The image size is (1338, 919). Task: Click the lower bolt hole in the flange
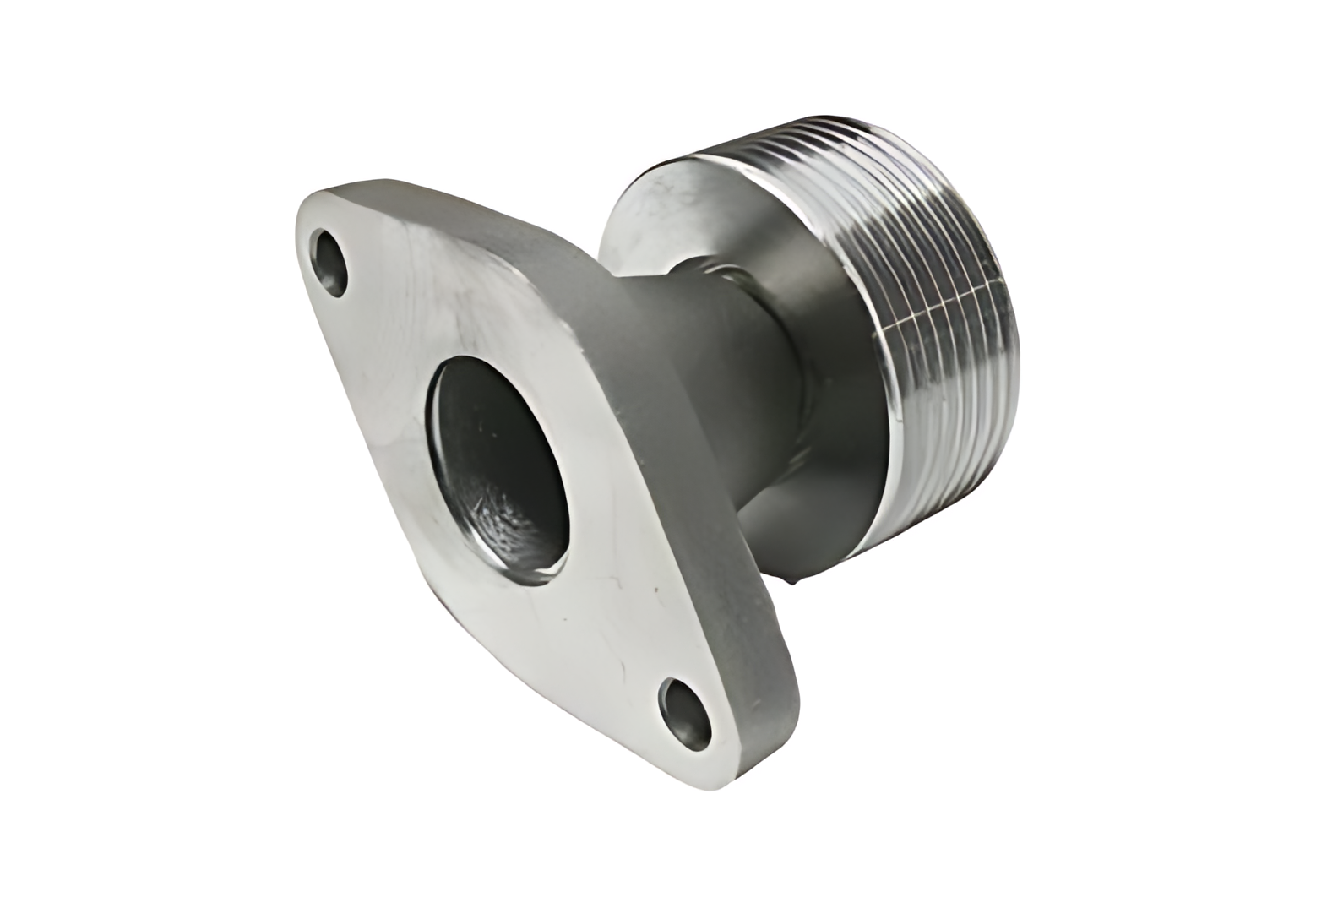point(688,710)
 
